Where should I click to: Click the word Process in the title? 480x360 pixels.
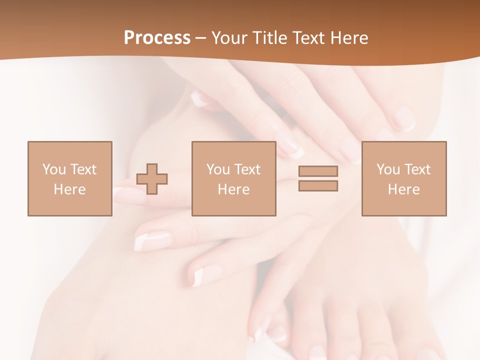(x=157, y=38)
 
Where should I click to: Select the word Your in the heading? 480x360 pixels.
(x=230, y=38)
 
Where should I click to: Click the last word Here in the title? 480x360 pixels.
(x=348, y=38)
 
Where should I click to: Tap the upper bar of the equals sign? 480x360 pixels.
(x=318, y=171)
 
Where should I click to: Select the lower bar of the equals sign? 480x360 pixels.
(x=318, y=186)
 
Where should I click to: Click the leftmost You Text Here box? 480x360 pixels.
(x=69, y=178)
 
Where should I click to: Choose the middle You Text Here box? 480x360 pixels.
(x=233, y=178)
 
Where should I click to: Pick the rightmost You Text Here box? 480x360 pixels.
(x=403, y=178)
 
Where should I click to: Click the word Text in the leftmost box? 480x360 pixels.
(x=83, y=169)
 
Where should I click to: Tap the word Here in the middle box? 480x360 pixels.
(x=233, y=189)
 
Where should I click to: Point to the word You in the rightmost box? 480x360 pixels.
(x=388, y=169)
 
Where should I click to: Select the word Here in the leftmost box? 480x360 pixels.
(x=69, y=189)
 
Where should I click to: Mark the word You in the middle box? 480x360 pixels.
(x=218, y=169)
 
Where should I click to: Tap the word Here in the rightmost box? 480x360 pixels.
(x=403, y=189)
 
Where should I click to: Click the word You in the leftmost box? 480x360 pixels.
(x=54, y=169)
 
